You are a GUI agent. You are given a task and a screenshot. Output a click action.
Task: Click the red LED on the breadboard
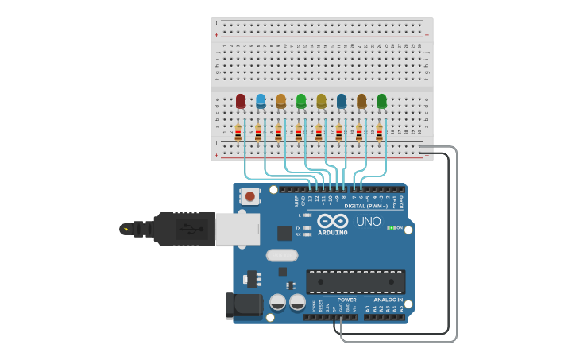pyautogui.click(x=240, y=100)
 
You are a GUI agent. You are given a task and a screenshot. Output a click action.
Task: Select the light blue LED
pyautogui.click(x=261, y=100)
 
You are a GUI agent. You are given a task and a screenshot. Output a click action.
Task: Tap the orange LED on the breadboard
pyautogui.click(x=280, y=100)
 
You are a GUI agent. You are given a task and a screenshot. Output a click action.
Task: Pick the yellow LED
pyautogui.click(x=321, y=100)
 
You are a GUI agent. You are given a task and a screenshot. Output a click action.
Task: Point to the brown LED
pyautogui.click(x=361, y=100)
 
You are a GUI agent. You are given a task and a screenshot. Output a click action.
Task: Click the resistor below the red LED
pyautogui.click(x=238, y=132)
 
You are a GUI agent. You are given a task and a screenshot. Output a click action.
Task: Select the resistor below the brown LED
pyautogui.click(x=359, y=132)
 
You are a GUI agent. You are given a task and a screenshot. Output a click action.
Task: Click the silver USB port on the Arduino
pyautogui.click(x=237, y=229)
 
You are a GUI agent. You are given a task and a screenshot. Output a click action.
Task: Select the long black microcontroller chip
pyautogui.click(x=355, y=281)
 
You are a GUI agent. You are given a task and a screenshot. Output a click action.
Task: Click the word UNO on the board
pyautogui.click(x=368, y=222)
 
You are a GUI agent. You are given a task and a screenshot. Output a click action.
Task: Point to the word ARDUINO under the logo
pyautogui.click(x=333, y=233)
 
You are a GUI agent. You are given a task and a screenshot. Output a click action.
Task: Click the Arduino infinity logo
pyautogui.click(x=333, y=221)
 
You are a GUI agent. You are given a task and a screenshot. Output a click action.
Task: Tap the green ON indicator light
pyautogui.click(x=390, y=228)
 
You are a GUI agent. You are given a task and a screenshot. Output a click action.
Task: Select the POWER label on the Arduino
pyautogui.click(x=346, y=300)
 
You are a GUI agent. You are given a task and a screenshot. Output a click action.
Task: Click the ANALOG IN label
pyautogui.click(x=388, y=300)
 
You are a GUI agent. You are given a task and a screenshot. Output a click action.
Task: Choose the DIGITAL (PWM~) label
pyautogui.click(x=366, y=206)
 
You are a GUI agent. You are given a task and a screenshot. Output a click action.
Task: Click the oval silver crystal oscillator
pyautogui.click(x=282, y=255)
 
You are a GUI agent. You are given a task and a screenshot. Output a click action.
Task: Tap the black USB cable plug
pyautogui.click(x=183, y=229)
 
